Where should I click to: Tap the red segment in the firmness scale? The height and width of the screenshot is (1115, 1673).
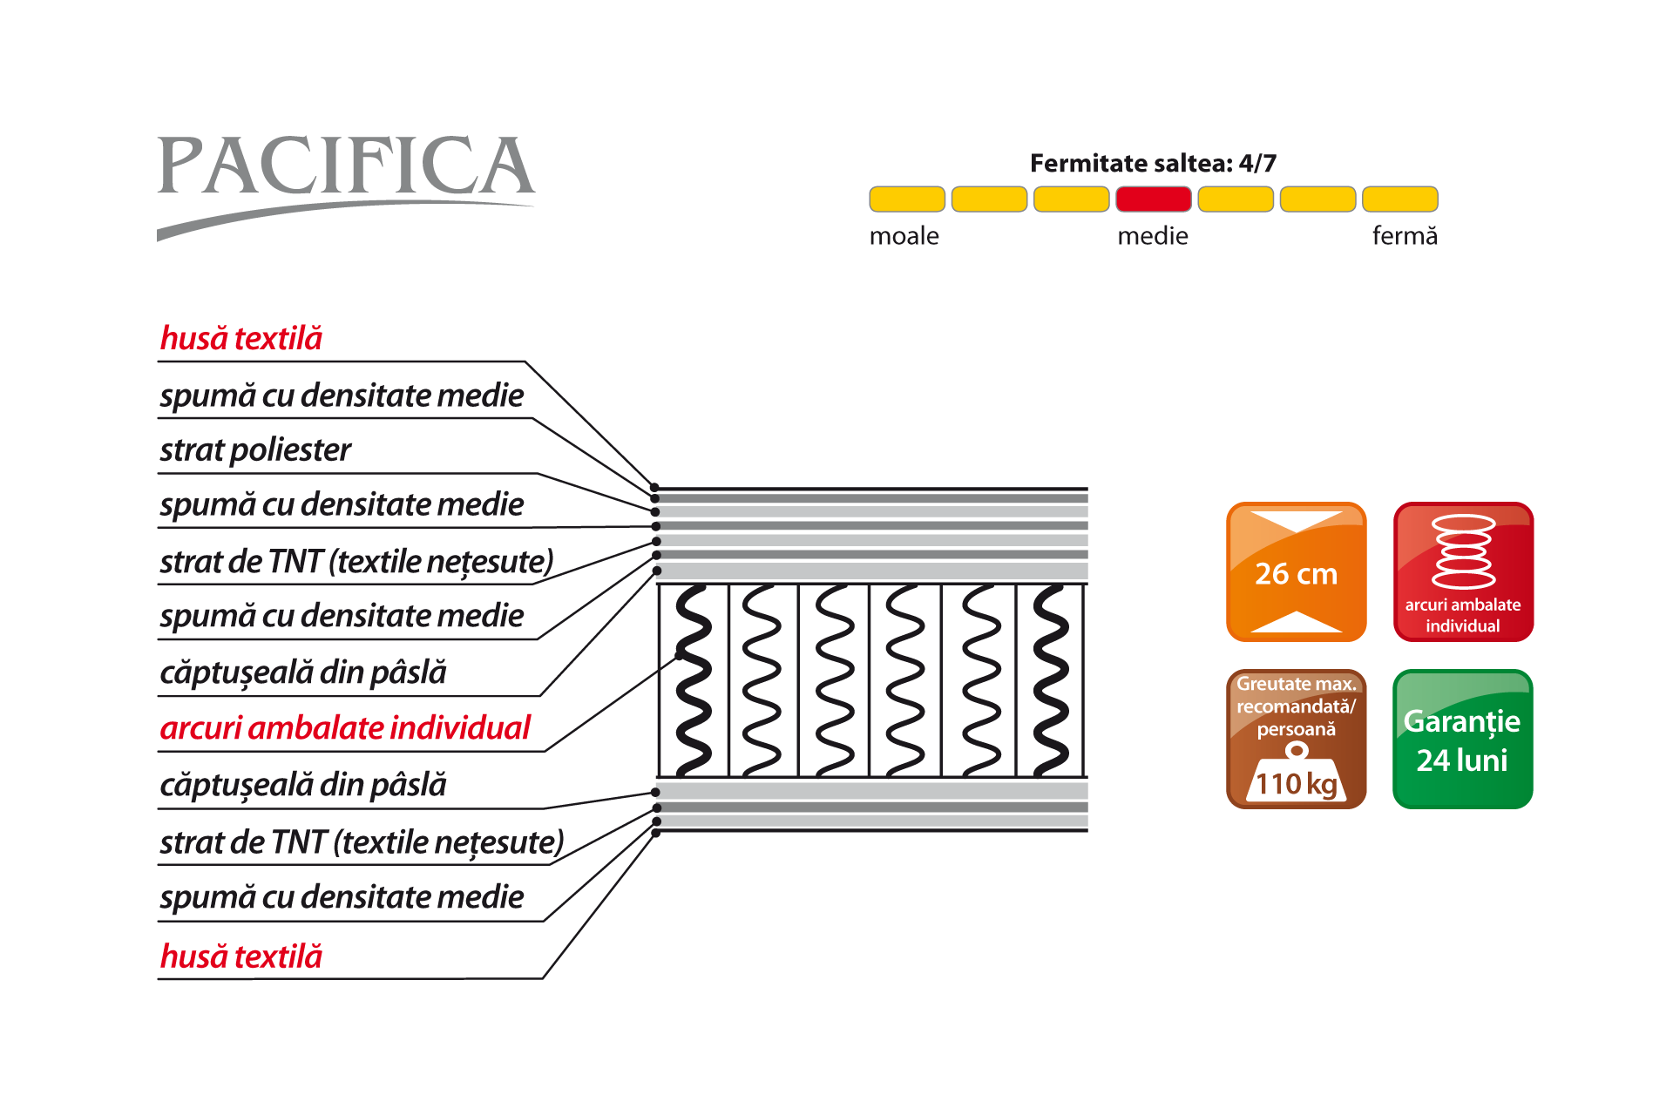tap(1153, 199)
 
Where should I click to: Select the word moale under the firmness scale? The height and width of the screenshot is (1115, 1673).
tap(904, 236)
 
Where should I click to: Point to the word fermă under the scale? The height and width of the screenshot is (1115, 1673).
tap(1404, 236)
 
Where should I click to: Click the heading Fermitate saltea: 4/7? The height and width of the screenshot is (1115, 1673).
tap(1153, 163)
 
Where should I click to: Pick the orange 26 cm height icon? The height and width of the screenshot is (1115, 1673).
tap(1296, 571)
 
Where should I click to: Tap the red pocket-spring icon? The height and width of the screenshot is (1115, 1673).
tap(1463, 571)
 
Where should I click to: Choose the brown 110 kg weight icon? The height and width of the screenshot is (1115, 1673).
tap(1296, 739)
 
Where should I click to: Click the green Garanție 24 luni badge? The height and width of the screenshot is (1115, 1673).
tap(1463, 739)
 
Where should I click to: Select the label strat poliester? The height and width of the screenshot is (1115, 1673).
tap(255, 450)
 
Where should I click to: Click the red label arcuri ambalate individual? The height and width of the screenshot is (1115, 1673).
tap(345, 728)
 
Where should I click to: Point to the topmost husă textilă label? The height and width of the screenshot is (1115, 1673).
tap(241, 339)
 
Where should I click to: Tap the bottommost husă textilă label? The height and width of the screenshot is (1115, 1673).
tap(241, 957)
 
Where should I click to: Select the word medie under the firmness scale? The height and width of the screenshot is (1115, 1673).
tap(1152, 236)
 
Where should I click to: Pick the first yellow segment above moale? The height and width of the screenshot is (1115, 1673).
tap(906, 199)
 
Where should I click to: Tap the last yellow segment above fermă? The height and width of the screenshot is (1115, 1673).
tap(1399, 199)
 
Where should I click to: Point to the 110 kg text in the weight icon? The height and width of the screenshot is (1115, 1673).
tap(1297, 784)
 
